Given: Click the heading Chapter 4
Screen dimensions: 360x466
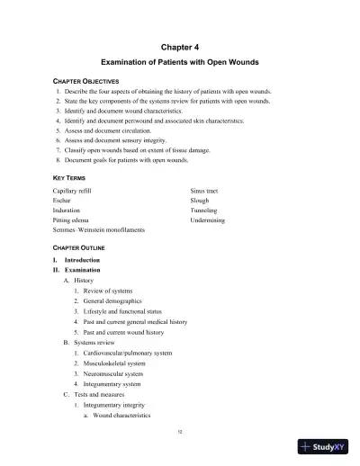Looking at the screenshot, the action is (179, 45).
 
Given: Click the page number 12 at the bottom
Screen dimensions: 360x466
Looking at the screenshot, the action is (180, 433).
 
